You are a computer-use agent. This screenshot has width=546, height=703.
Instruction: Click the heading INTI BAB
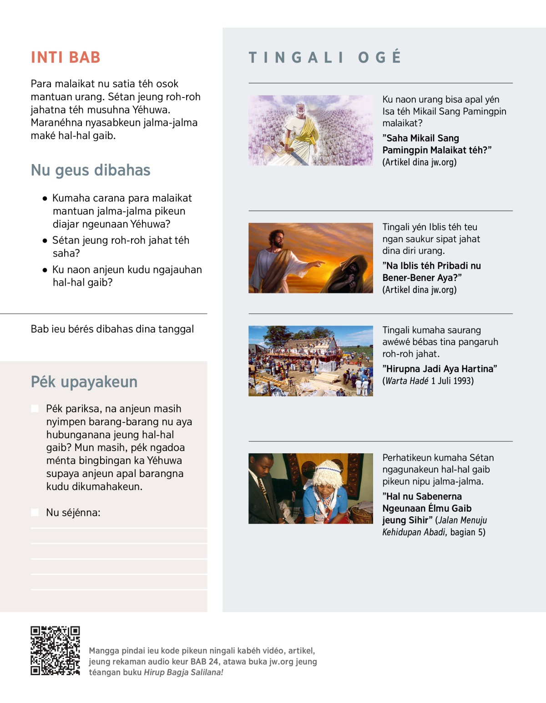point(66,57)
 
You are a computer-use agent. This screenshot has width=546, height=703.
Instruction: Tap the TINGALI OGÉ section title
point(325,57)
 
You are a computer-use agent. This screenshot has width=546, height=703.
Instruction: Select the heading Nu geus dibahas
point(91,170)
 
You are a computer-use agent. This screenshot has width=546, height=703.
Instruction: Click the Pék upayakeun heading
point(84,382)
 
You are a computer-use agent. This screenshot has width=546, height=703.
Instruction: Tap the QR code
point(55,651)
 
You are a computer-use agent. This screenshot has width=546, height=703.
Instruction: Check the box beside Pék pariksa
point(35,409)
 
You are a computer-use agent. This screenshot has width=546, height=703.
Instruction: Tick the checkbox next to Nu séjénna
point(35,513)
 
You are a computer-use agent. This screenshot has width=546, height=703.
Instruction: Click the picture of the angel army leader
point(310,130)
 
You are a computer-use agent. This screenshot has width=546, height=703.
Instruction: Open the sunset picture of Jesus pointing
point(310,258)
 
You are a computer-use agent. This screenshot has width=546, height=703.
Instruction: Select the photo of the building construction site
point(310,361)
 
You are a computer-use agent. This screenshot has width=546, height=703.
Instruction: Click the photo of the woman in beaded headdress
point(310,488)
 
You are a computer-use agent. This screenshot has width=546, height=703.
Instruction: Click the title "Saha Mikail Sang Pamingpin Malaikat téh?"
point(437,144)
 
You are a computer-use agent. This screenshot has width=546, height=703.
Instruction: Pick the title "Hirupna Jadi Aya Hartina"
point(440,369)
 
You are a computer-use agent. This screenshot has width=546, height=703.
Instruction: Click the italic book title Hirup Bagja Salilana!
point(183,672)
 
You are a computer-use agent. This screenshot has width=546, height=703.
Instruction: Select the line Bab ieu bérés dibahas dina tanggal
point(112,329)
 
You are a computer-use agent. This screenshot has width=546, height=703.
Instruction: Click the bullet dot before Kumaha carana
point(45,199)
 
